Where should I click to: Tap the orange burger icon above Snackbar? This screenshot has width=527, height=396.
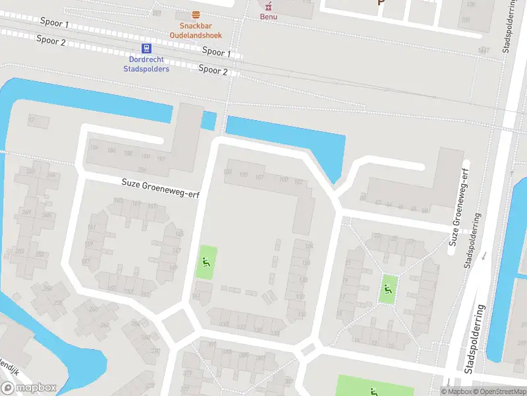[x=196, y=15]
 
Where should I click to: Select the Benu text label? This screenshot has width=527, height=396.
[x=268, y=16]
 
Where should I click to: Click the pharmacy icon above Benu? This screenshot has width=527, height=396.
[x=268, y=5]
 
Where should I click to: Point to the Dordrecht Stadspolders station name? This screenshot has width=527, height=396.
[x=146, y=64]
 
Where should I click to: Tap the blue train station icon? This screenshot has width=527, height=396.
[x=146, y=48]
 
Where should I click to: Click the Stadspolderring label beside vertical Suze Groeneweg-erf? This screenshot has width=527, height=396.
[x=472, y=240]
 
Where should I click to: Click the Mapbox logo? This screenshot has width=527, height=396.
[x=29, y=388]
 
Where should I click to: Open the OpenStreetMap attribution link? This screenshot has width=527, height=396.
[x=499, y=391]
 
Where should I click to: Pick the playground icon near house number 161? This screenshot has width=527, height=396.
[x=206, y=263]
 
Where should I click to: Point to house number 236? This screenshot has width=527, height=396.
[x=142, y=170]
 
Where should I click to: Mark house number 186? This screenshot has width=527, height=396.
[x=111, y=151]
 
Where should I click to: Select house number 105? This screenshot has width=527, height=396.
[x=244, y=175]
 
